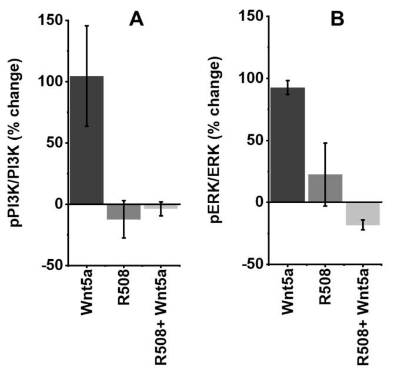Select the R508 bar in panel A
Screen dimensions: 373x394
click(x=123, y=211)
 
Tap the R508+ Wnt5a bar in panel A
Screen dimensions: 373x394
click(x=160, y=206)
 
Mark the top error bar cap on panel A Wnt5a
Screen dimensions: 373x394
click(x=87, y=26)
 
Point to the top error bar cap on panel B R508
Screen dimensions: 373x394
click(x=325, y=143)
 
